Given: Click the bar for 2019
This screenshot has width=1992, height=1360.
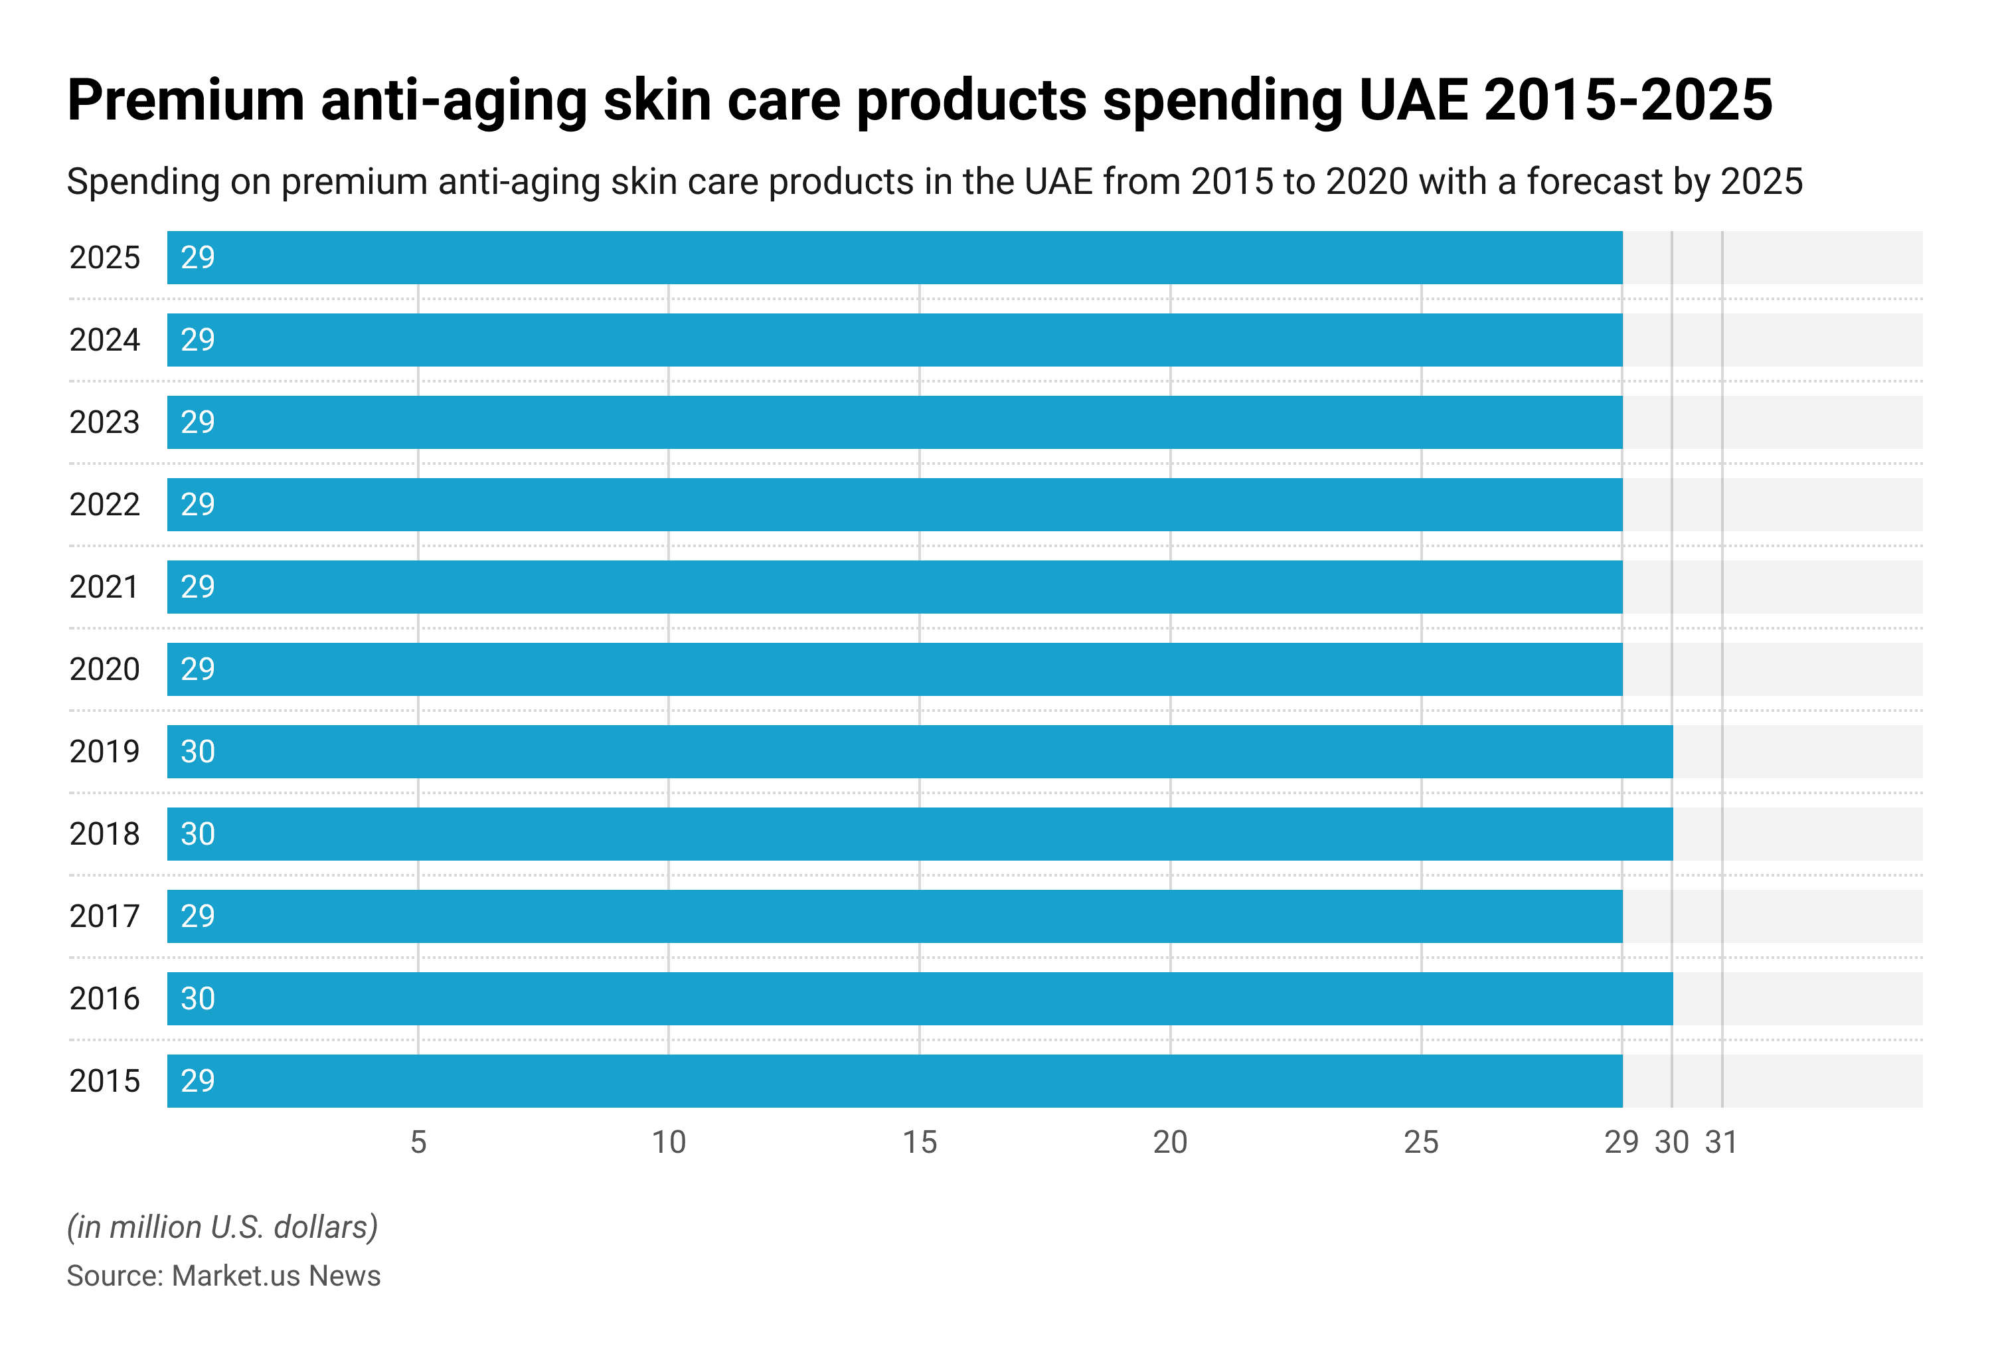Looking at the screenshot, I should pos(919,752).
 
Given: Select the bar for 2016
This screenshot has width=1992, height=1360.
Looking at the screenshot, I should pos(919,998).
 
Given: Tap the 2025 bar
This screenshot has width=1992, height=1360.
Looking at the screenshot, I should pos(894,257).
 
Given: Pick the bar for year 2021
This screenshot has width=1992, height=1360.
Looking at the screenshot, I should pos(894,587).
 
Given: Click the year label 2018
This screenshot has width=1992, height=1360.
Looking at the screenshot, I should pos(104,834).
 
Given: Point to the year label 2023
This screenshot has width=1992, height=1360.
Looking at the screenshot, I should pos(104,422).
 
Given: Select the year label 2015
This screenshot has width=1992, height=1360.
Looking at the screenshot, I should pos(104,1080).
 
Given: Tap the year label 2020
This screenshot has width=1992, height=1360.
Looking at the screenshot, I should pos(104,669).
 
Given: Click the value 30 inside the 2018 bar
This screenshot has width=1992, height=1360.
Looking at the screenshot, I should pos(197,834).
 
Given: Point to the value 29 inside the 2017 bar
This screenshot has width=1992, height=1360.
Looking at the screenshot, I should pos(197,916).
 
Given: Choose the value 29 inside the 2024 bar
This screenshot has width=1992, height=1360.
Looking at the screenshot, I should pos(197,340).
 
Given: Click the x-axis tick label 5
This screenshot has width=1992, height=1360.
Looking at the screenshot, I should pos(418,1142).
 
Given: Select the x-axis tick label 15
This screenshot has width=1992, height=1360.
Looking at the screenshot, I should pos(920,1142).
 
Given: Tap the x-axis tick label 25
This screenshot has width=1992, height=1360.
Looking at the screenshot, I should pos(1420,1142).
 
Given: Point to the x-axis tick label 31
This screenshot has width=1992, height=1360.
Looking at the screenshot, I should pos(1721,1142).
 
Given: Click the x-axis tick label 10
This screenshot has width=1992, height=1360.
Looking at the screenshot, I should pos(669,1142).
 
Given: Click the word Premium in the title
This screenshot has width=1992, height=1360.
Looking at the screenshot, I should pos(185,100).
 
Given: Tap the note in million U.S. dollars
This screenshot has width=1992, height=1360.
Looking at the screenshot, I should pos(222,1227).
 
